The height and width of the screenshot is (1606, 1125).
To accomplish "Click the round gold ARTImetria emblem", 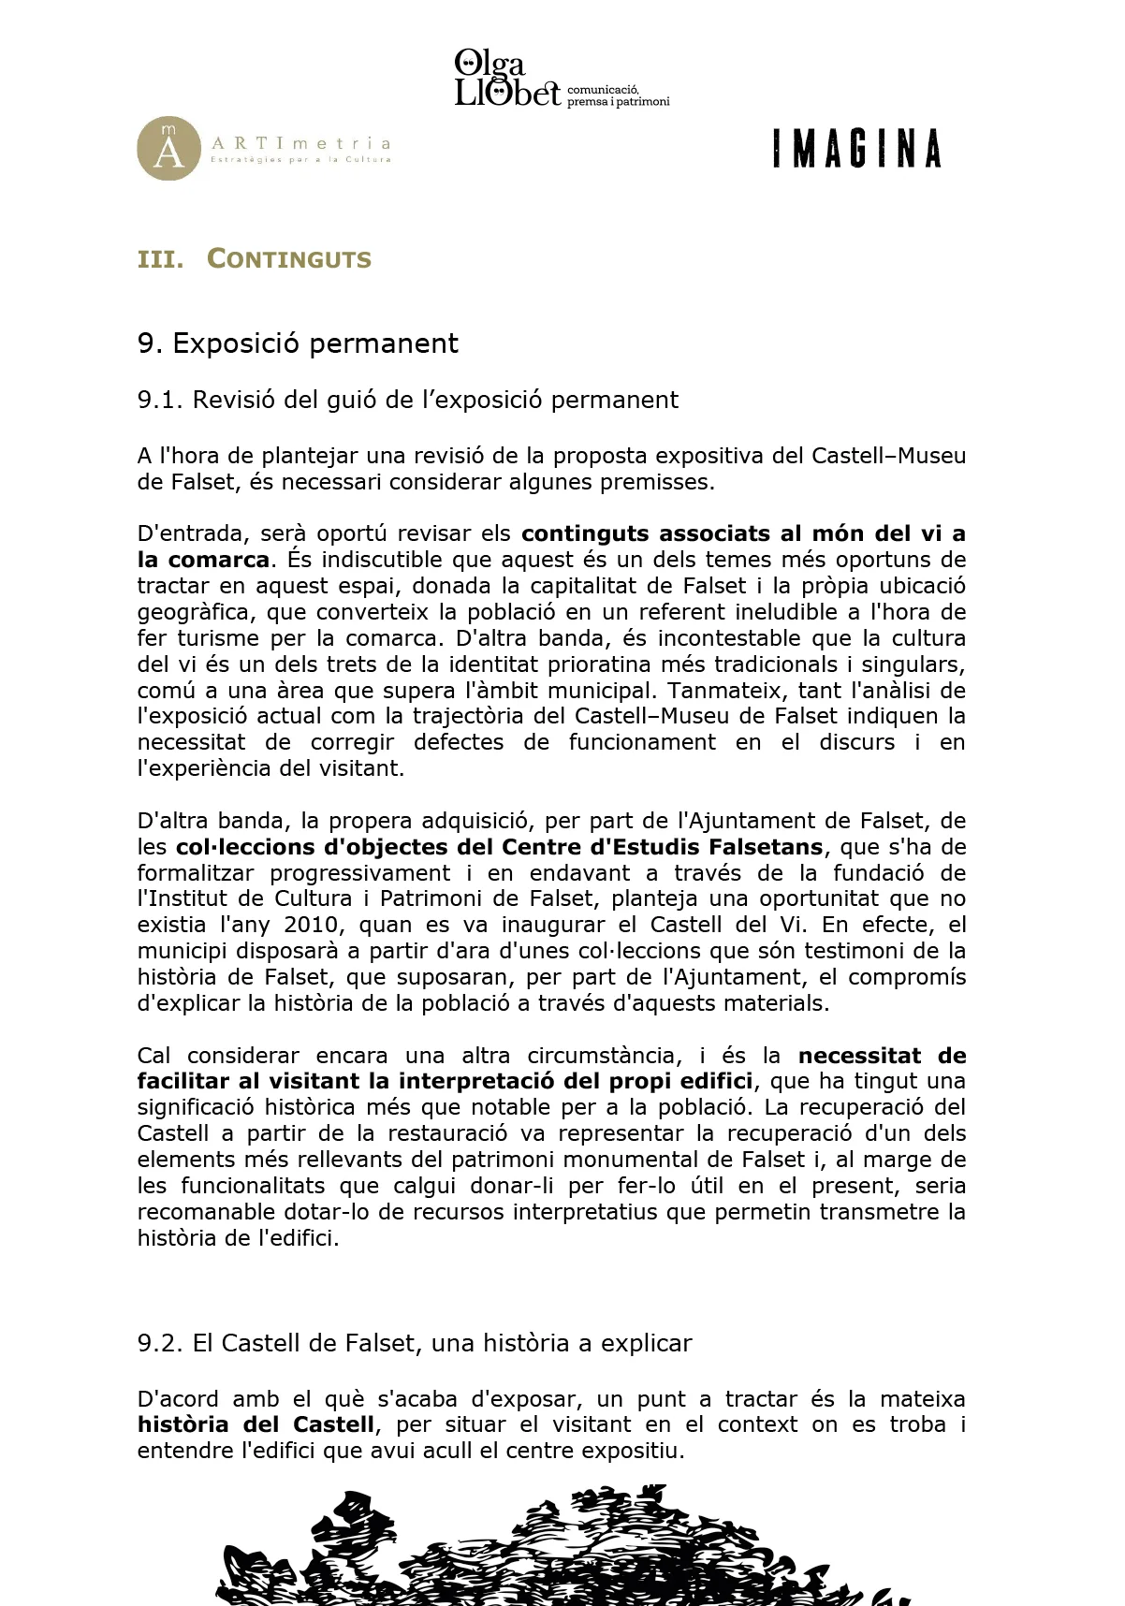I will (x=168, y=149).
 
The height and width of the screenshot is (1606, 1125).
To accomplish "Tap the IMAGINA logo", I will (x=856, y=150).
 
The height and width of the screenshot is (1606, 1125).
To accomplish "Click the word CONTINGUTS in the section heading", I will (x=289, y=259).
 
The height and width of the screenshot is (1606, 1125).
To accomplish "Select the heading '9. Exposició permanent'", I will (x=298, y=343).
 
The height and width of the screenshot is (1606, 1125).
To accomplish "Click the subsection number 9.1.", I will (x=160, y=400).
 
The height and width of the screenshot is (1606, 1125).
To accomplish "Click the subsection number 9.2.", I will (x=160, y=1343).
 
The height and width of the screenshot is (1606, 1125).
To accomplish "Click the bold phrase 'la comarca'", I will (x=203, y=560).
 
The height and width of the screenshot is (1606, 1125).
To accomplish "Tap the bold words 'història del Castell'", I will (x=256, y=1424).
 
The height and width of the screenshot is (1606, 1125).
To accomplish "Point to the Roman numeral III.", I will (x=159, y=259).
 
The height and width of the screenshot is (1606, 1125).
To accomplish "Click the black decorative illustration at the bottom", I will (x=562, y=1549).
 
